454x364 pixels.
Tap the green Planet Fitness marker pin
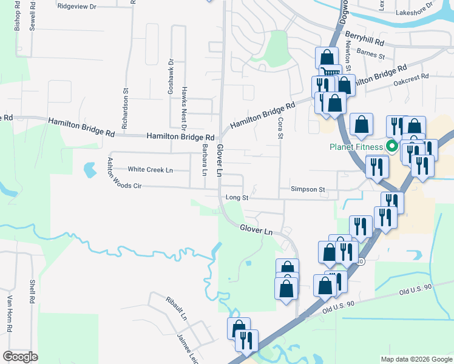tap(392, 146)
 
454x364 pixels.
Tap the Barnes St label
tap(371, 55)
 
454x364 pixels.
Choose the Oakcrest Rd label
tap(411, 78)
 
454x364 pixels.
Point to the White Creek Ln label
tap(150, 170)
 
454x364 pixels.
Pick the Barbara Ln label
tap(205, 161)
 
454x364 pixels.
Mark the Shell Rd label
tap(32, 292)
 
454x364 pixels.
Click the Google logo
tap(21, 357)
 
